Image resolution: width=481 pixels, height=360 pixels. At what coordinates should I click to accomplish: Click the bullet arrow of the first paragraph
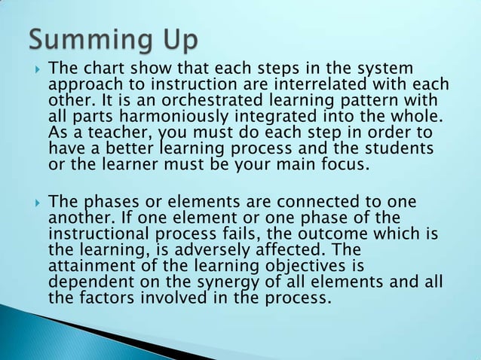click(x=34, y=69)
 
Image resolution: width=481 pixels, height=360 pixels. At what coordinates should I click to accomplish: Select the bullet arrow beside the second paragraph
click(x=34, y=203)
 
